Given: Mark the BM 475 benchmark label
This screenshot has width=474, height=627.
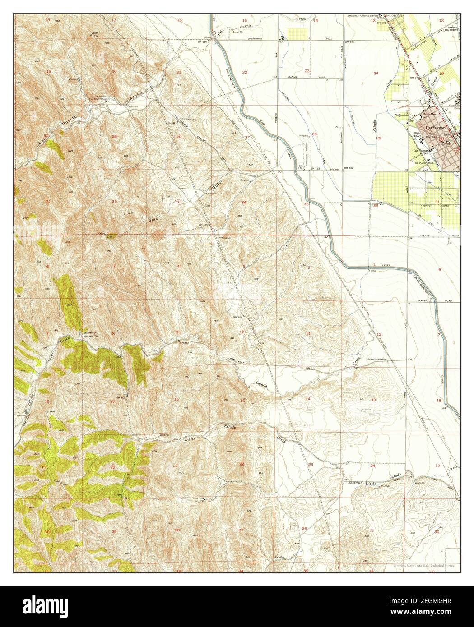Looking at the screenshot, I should tap(203, 224).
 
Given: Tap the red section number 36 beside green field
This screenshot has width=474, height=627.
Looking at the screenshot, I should tap(376, 206).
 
